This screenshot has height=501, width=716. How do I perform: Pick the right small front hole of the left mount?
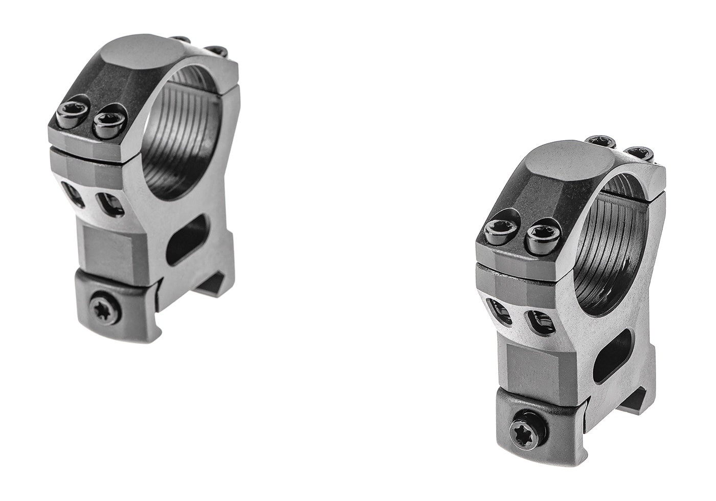tap(111, 204)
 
